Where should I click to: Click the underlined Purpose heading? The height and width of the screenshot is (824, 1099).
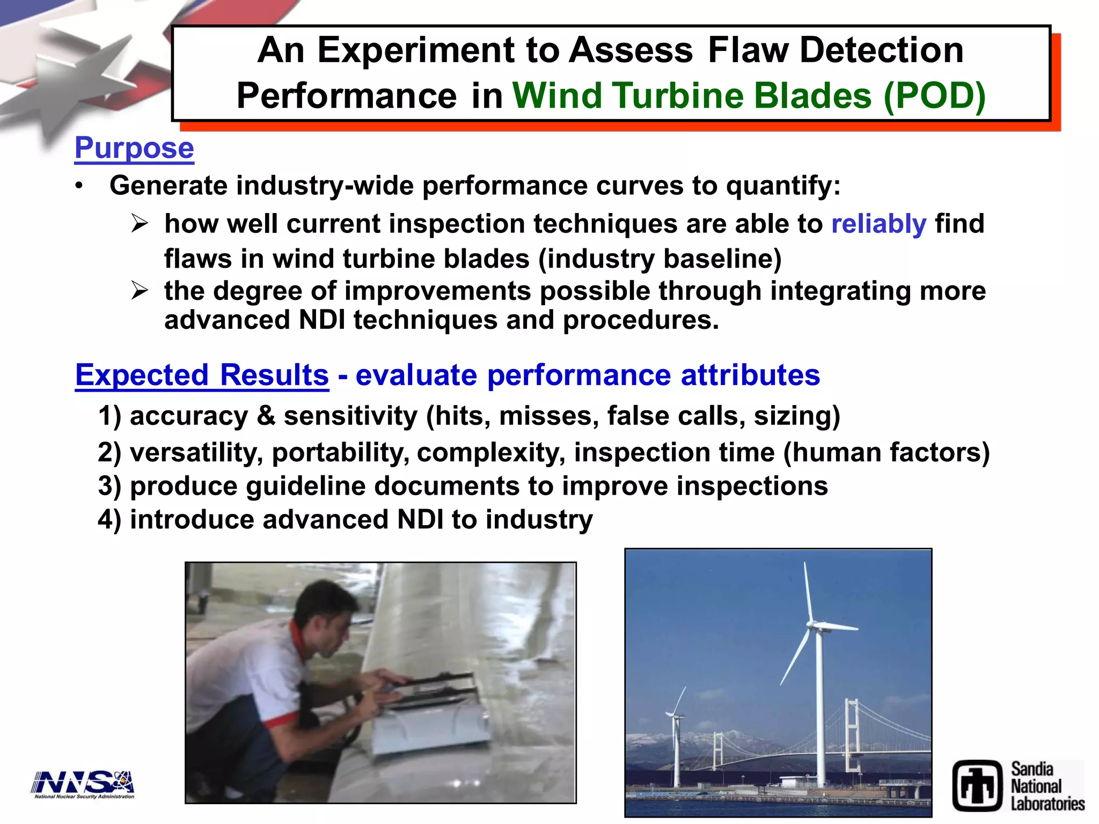(x=134, y=148)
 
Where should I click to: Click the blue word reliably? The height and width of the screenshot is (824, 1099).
(x=878, y=224)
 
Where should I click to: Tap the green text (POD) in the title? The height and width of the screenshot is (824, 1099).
(x=934, y=95)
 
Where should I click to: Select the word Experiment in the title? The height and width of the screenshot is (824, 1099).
(x=416, y=50)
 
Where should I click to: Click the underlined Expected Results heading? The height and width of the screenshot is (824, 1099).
(x=202, y=374)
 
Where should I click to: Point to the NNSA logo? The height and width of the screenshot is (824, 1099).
(x=83, y=784)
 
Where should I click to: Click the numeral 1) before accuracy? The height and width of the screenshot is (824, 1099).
(x=110, y=416)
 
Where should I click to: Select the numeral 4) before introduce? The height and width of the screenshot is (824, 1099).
(x=110, y=520)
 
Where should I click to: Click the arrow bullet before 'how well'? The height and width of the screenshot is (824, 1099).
(x=140, y=224)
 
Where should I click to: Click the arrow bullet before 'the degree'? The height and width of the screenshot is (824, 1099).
(x=140, y=291)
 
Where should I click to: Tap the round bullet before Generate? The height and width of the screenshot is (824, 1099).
(x=79, y=186)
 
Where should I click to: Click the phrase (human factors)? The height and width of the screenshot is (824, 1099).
(x=886, y=452)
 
